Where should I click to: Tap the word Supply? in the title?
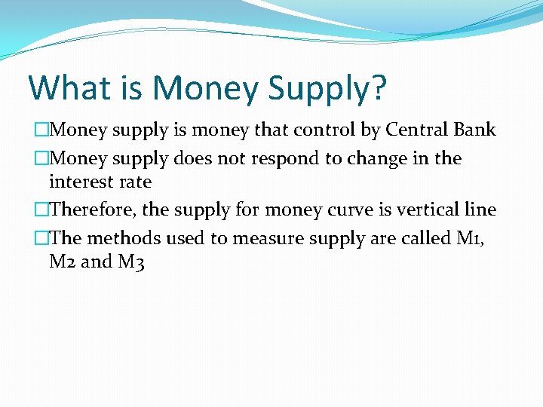(326, 89)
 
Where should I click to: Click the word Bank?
(474, 130)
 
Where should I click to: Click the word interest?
(80, 182)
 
